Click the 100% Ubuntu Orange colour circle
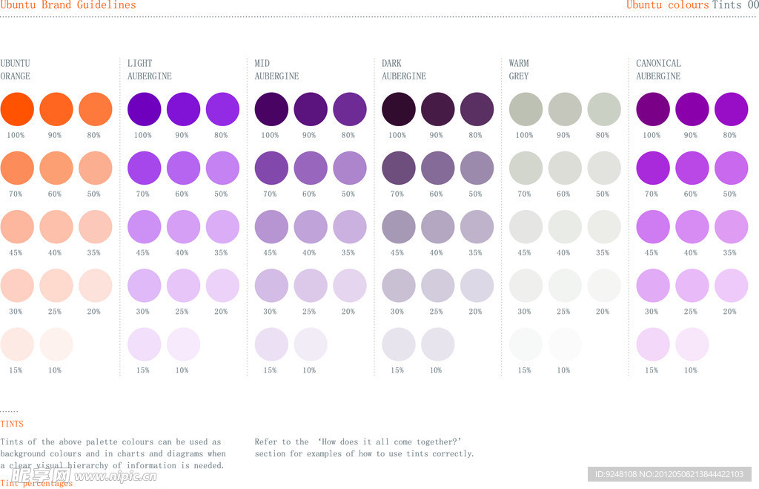pyautogui.click(x=17, y=108)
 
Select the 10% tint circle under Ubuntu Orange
pyautogui.click(x=56, y=344)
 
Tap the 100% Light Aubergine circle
pyautogui.click(x=145, y=108)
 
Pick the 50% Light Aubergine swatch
pyautogui.click(x=222, y=168)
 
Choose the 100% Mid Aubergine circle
pyautogui.click(x=271, y=108)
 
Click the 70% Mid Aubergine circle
pyautogui.click(x=271, y=168)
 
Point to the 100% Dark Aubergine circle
pyautogui.click(x=399, y=108)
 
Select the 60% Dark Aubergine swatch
pyautogui.click(x=437, y=168)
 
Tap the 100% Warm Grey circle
pyautogui.click(x=526, y=108)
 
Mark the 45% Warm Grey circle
pyautogui.click(x=526, y=227)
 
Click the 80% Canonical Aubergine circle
pyautogui.click(x=731, y=108)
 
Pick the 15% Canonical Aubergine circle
pyautogui.click(x=653, y=344)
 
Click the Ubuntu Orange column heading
pyautogui.click(x=16, y=70)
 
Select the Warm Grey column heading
pyautogui.click(x=519, y=70)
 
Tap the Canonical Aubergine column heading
pyautogui.click(x=658, y=70)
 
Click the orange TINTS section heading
pyautogui.click(x=12, y=424)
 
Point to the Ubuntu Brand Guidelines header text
pyautogui.click(x=68, y=5)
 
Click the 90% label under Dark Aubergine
pyautogui.click(x=437, y=135)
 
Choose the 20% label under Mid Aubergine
pyautogui.click(x=348, y=312)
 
